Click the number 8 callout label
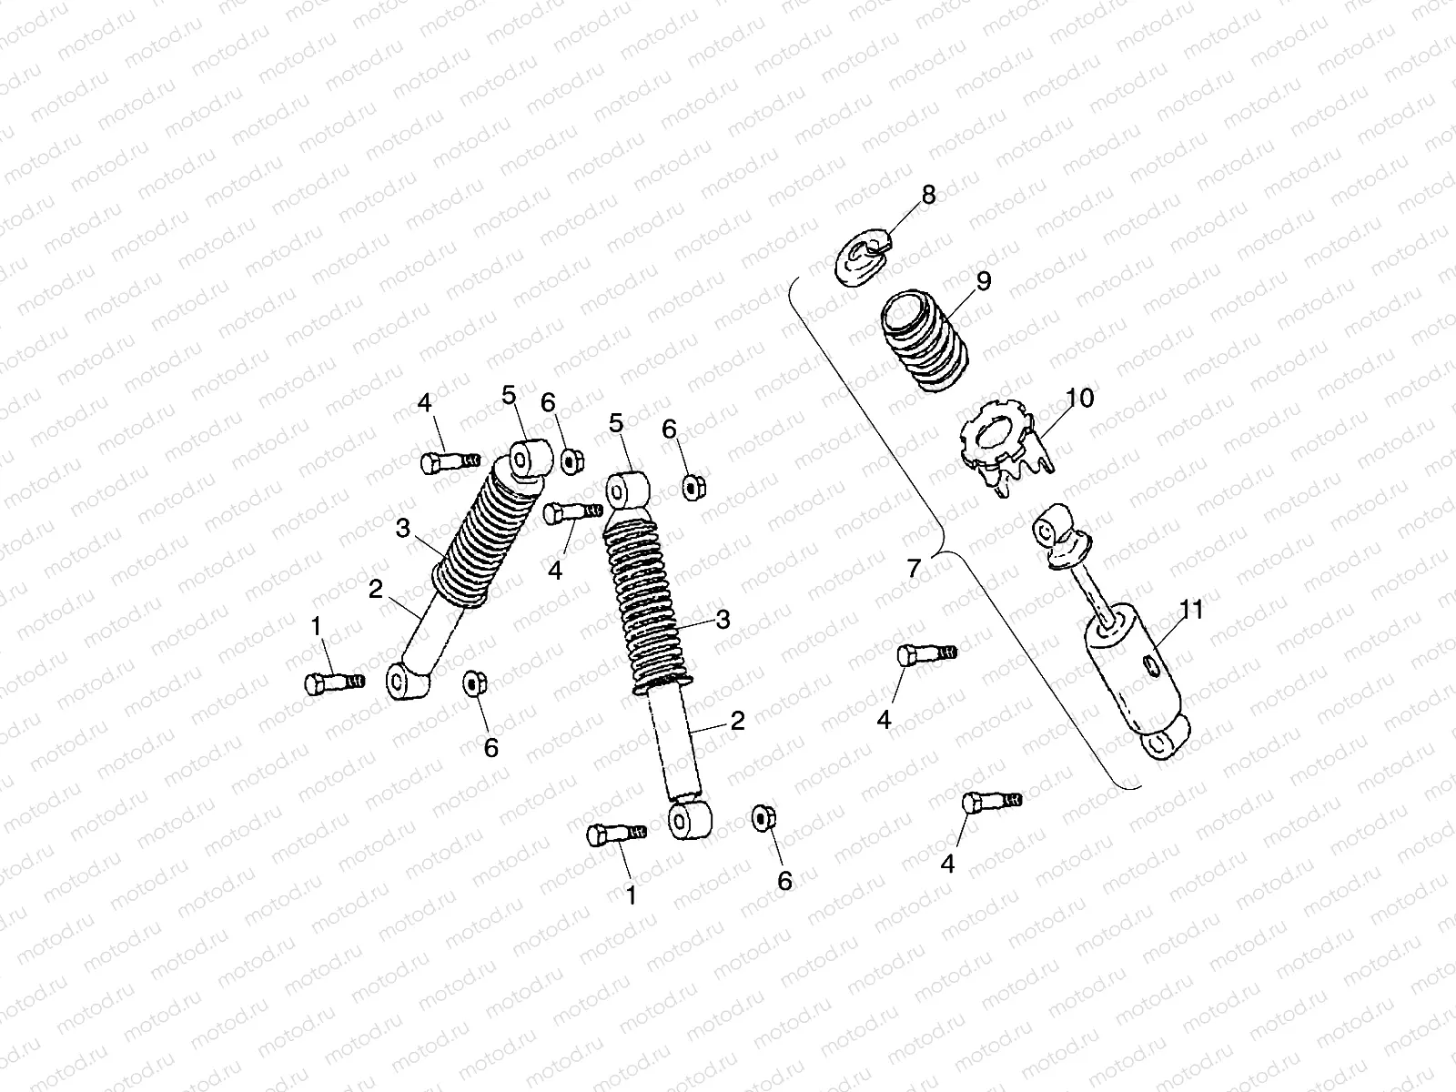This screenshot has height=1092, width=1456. click(x=927, y=195)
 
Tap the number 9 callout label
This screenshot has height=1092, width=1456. click(x=983, y=280)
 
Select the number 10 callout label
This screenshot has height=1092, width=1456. click(x=1080, y=398)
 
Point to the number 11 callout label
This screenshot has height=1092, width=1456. click(x=1190, y=610)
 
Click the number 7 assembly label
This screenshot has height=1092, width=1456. click(x=915, y=567)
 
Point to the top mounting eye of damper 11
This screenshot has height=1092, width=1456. click(x=1056, y=528)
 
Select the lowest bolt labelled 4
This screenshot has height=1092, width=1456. click(x=991, y=802)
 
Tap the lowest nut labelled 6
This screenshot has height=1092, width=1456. click(x=761, y=818)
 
